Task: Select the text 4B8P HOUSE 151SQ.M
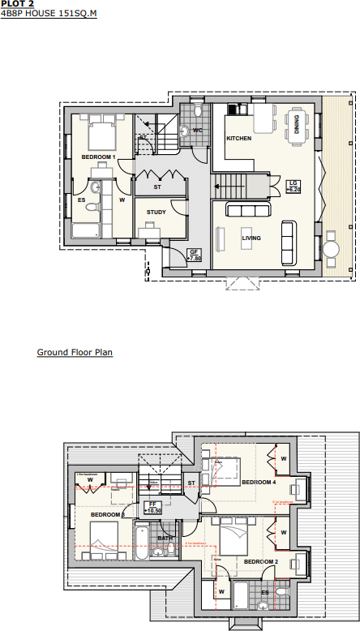[49, 14]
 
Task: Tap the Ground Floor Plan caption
[75, 353]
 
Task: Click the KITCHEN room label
[238, 139]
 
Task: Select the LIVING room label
[251, 238]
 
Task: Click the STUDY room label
[156, 212]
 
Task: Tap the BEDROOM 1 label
[98, 156]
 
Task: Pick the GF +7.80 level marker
[194, 255]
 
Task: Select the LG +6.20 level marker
[294, 186]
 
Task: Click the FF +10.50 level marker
[152, 507]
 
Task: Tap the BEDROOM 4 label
[259, 483]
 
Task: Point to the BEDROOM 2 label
[261, 561]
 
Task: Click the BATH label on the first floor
[165, 538]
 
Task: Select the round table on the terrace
[332, 247]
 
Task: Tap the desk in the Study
[150, 233]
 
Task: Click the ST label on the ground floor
[158, 187]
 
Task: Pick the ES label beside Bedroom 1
[81, 199]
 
